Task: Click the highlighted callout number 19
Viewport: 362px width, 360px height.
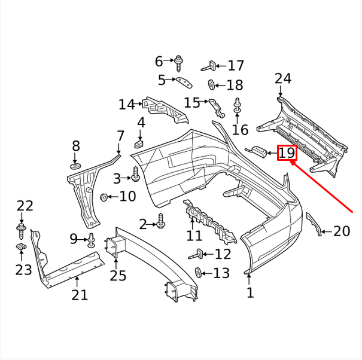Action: (287, 153)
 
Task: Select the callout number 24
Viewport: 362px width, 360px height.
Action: (283, 78)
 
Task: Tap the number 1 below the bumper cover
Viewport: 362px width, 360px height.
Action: (250, 292)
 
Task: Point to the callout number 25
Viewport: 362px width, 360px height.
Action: (118, 276)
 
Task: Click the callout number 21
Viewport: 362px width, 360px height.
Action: (80, 294)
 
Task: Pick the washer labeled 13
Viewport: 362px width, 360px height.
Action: (198, 273)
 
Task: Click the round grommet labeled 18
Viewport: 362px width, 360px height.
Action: (211, 84)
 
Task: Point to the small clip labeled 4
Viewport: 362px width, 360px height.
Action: (140, 142)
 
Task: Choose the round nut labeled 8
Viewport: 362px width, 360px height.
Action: (75, 164)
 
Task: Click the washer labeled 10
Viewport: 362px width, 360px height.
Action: (104, 197)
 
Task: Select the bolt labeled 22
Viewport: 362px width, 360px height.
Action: (22, 229)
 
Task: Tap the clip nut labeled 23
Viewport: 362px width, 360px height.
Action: (20, 247)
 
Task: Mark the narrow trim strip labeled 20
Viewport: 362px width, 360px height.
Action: (314, 224)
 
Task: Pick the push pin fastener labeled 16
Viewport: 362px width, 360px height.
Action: (238, 105)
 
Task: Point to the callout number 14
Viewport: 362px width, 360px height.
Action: (126, 105)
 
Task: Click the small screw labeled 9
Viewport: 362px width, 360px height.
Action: (91, 240)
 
